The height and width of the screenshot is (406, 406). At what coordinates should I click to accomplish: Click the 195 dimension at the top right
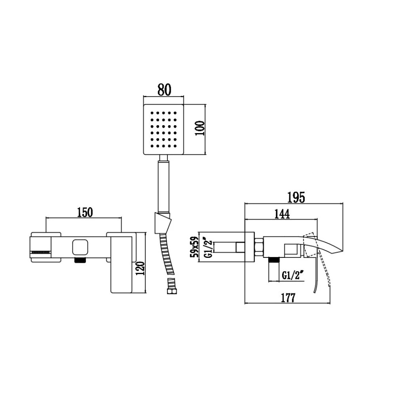click(296, 197)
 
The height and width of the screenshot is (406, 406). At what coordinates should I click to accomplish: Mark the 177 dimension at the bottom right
click(288, 298)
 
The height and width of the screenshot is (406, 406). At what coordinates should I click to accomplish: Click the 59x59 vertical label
click(194, 247)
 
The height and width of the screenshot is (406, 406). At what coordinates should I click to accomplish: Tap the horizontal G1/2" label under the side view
click(293, 275)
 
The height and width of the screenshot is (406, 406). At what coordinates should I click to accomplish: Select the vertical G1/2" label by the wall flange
click(205, 247)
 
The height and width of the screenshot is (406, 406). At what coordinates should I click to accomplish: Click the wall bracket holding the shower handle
click(163, 222)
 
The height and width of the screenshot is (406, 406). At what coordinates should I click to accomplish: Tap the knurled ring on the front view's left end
click(41, 252)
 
